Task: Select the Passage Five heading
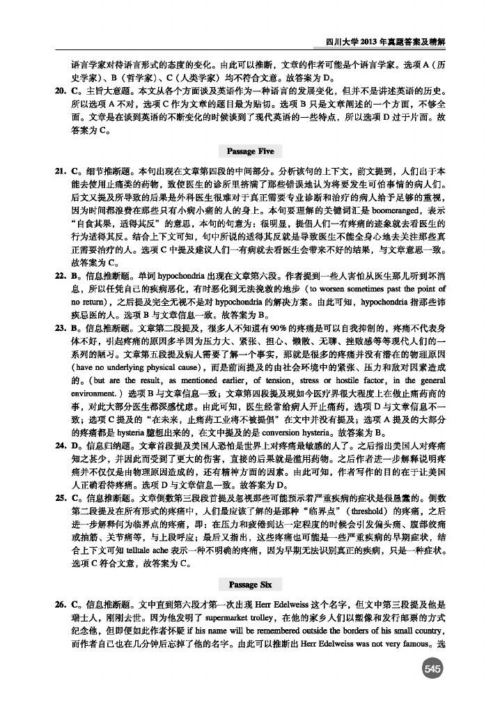pos(250,151)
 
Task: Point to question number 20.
pos(58,91)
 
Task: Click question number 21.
pos(58,170)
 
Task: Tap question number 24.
pos(58,464)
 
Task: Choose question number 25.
pos(58,518)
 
